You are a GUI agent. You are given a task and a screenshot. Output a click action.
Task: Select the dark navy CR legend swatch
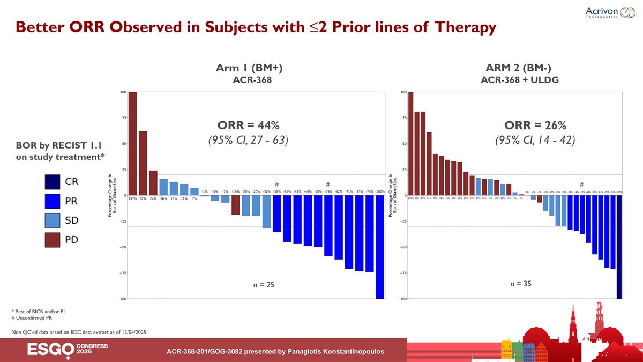pyautogui.click(x=53, y=182)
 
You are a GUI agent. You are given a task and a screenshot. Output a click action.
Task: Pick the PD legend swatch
pyautogui.click(x=53, y=240)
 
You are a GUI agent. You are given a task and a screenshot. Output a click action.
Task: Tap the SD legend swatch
pyautogui.click(x=53, y=220)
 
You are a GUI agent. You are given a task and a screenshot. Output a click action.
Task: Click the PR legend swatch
pyautogui.click(x=53, y=201)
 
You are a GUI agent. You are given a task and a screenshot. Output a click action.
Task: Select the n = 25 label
pyautogui.click(x=264, y=285)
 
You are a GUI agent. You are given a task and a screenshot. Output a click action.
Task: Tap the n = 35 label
pyautogui.click(x=520, y=283)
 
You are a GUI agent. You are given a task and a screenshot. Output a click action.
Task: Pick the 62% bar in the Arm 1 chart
pyautogui.click(x=143, y=163)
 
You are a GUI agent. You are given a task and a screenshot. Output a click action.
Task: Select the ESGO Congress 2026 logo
pyautogui.click(x=68, y=349)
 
